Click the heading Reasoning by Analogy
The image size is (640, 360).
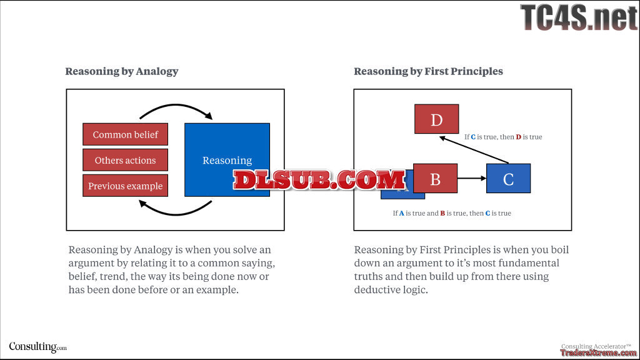pos(122,71)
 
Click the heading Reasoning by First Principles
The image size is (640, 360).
pos(428,71)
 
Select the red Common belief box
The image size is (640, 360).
pos(125,134)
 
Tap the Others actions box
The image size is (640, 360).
pos(125,160)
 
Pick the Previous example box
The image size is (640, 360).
pos(125,186)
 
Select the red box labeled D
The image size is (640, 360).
pos(436,119)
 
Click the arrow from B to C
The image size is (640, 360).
pos(472,179)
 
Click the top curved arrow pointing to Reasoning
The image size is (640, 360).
pos(176,109)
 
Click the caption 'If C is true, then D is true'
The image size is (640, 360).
pos(503,137)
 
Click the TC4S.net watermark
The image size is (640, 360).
pos(579,17)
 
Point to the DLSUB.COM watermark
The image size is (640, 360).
pos(319,180)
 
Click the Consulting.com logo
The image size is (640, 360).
pos(37,347)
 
